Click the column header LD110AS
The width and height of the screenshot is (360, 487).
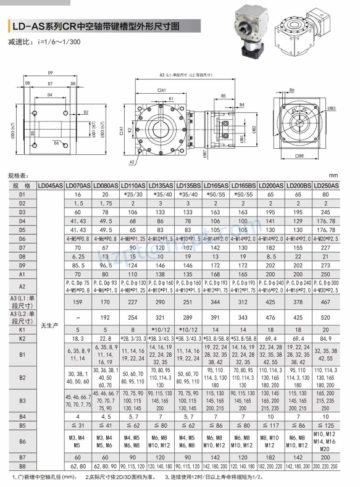pos(133,185)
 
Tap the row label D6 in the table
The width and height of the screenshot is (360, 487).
pos(22,238)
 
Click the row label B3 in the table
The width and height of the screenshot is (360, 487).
pos(22,401)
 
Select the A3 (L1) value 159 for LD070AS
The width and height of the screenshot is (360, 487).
pos(78,302)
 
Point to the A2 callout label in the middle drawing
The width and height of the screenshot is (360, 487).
pos(132,162)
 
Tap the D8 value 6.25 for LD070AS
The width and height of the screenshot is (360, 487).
pos(78,256)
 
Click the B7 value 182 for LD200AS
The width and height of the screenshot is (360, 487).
pos(271,456)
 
